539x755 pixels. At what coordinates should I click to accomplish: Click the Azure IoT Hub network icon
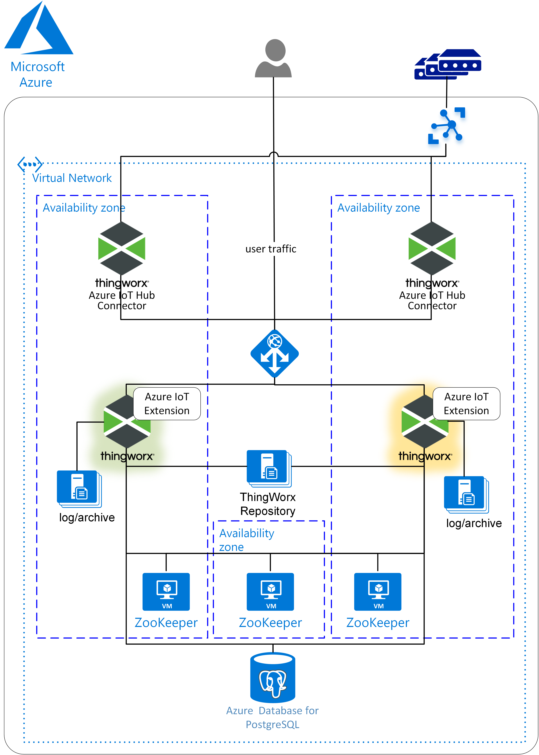point(446,125)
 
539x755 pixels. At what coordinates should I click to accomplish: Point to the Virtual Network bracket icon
point(30,164)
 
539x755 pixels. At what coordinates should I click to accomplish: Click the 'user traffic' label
point(271,249)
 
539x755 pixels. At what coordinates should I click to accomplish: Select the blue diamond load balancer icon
point(274,354)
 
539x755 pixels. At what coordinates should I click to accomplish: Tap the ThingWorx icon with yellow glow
point(425,421)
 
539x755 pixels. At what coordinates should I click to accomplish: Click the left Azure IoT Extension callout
point(167,404)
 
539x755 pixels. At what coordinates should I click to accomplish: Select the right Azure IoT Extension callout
point(466,404)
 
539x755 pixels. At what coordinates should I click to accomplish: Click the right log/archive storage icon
point(466,494)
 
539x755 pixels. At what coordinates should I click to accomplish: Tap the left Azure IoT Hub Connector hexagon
point(122,248)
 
